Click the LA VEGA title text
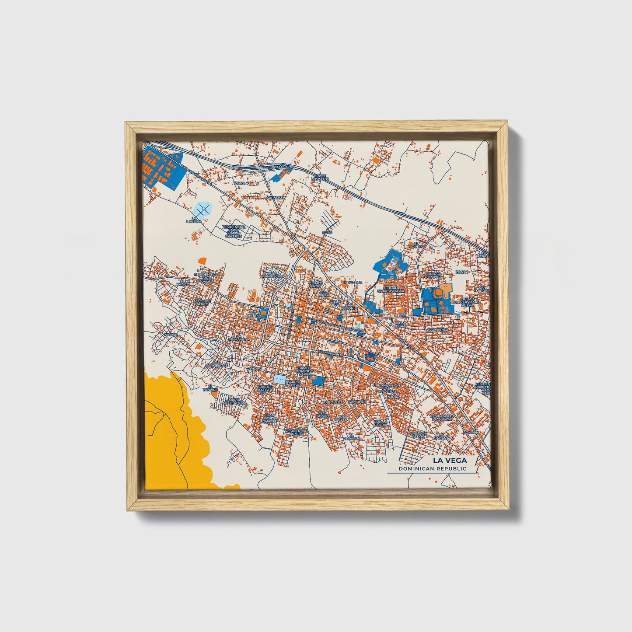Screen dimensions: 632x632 (x=450, y=461)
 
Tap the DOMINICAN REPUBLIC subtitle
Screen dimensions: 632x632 (x=433, y=469)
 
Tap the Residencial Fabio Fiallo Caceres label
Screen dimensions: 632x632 (x=234, y=231)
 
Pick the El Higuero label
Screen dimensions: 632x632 (x=416, y=246)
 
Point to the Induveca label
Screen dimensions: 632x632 (x=353, y=283)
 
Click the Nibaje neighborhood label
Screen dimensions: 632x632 (x=171, y=334)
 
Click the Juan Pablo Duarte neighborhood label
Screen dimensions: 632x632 (x=270, y=418)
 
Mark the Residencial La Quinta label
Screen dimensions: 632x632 (x=443, y=418)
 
